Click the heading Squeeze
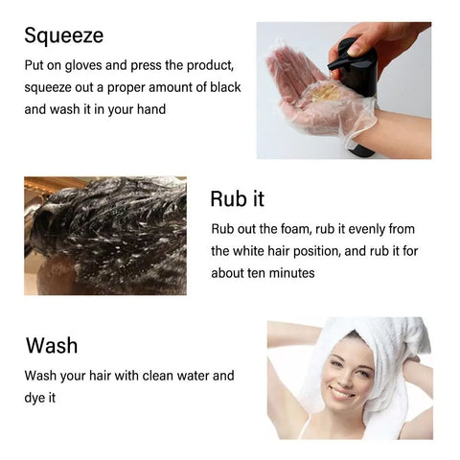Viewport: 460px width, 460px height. (x=63, y=36)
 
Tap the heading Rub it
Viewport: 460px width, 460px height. (x=238, y=199)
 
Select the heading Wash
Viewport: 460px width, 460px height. (x=52, y=345)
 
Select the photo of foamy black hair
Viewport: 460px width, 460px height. (x=105, y=235)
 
